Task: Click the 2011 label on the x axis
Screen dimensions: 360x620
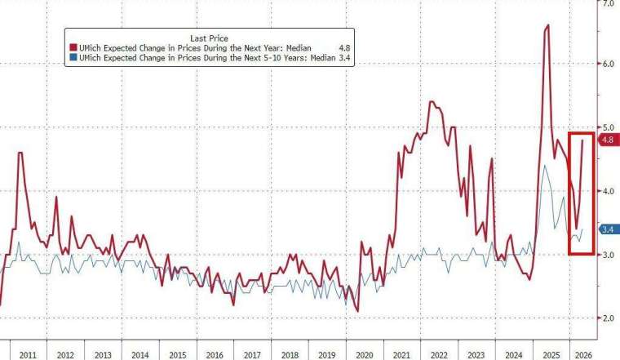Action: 28,354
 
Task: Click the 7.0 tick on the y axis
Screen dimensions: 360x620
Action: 607,4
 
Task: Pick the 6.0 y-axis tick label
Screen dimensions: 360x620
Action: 607,64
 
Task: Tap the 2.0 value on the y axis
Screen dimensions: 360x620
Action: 607,318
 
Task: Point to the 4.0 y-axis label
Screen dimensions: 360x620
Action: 607,191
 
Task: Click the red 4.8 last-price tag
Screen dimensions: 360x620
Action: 607,140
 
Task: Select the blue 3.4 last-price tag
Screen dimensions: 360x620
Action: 607,229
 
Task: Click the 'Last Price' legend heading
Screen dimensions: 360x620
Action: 208,38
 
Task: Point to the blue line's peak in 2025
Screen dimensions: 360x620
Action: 544,166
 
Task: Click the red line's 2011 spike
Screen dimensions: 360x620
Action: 20,153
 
